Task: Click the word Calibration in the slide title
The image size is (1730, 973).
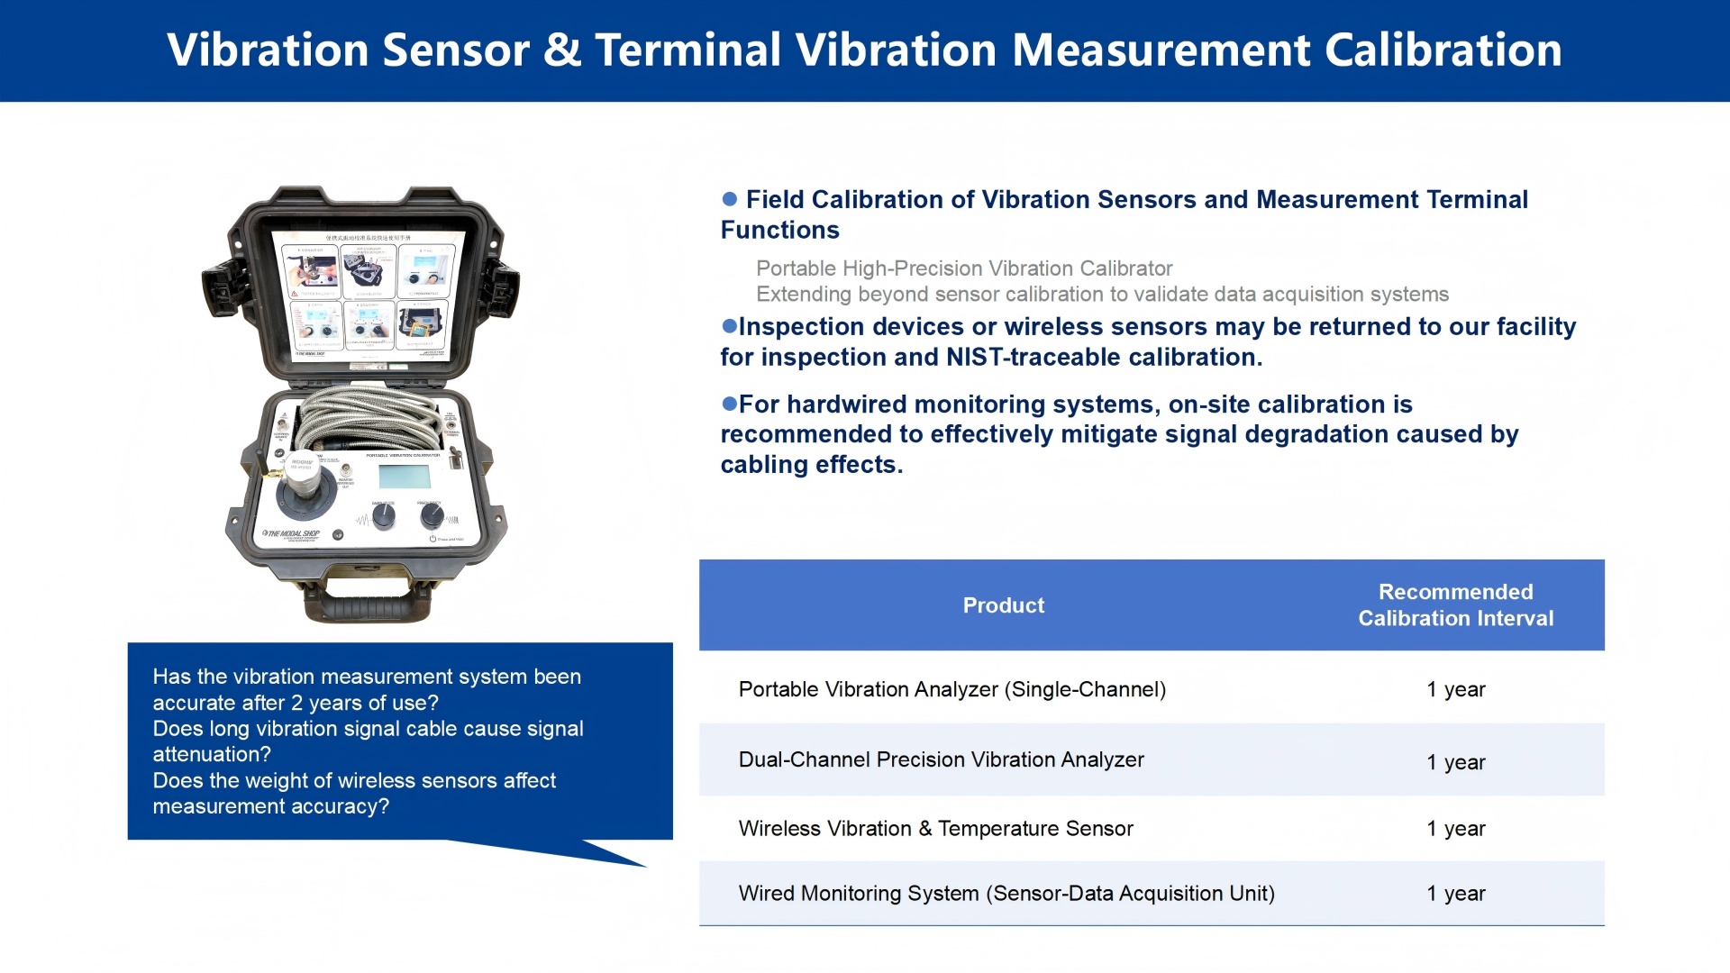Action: coord(1443,50)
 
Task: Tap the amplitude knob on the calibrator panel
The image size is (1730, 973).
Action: coord(384,516)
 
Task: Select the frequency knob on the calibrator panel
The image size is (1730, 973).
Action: coord(432,515)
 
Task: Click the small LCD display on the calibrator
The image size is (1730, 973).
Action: coord(405,476)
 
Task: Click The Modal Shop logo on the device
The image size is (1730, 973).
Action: coord(291,534)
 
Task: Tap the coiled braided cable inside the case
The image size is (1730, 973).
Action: coord(369,419)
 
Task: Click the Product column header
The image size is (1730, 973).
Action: coord(1003,605)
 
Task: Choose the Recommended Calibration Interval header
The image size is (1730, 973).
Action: coord(1455,605)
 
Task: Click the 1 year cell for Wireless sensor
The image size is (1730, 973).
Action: coord(1455,829)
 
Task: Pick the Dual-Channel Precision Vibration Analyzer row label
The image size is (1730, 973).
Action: coord(941,759)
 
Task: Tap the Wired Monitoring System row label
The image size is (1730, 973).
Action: coord(1006,894)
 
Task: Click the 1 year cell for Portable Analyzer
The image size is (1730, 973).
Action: coord(1455,690)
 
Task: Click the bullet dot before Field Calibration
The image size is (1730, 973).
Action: coord(730,199)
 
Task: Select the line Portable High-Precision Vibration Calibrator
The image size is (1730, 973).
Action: coord(963,268)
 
